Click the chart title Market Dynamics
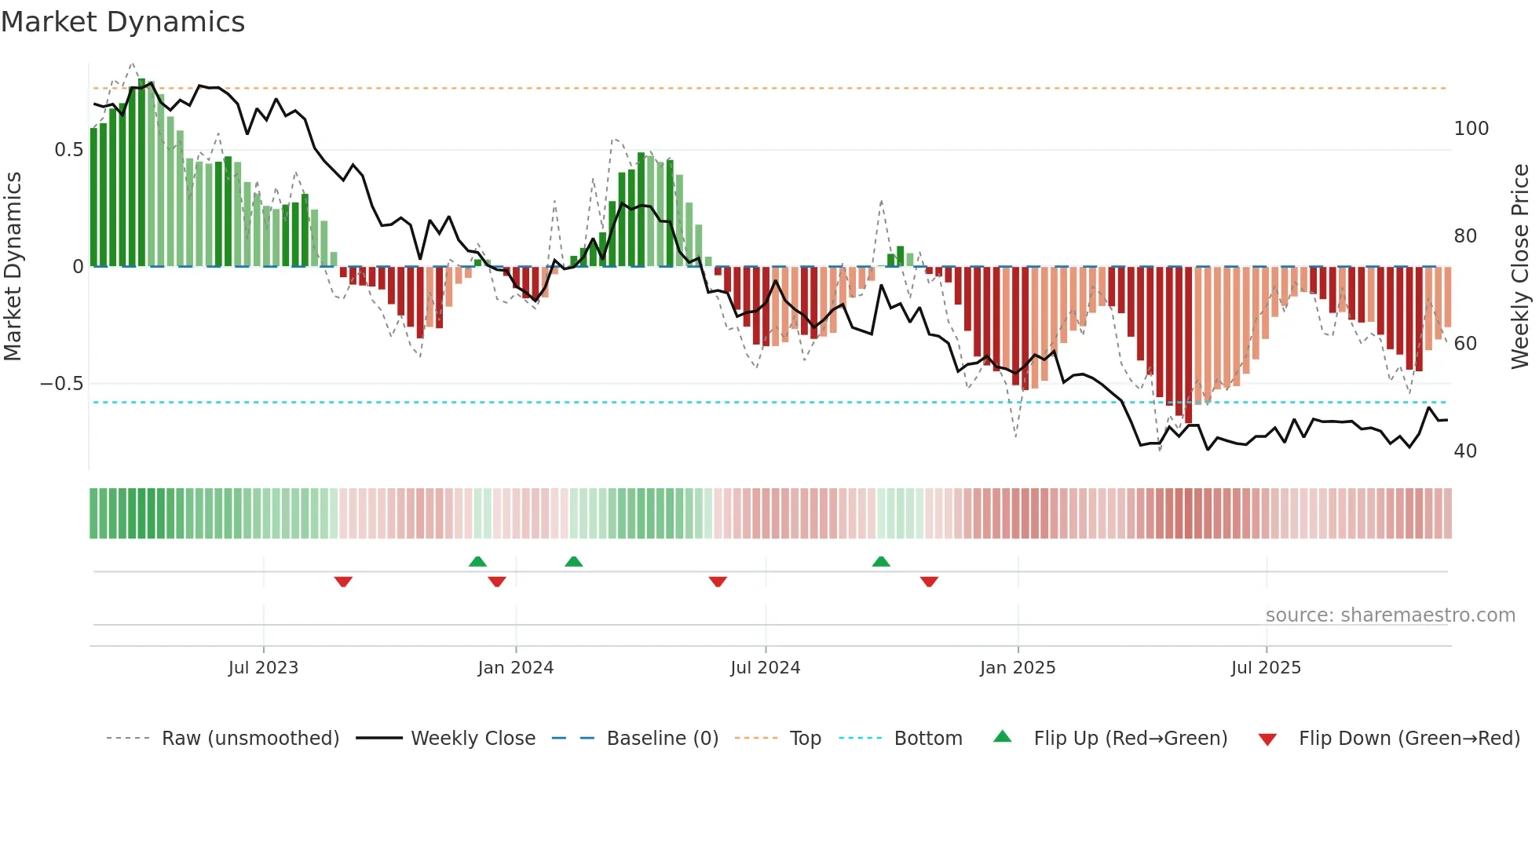click(x=122, y=22)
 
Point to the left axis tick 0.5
click(x=68, y=150)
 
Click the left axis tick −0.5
click(x=62, y=384)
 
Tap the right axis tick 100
click(x=1471, y=129)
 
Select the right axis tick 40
click(x=1465, y=451)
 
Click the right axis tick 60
click(x=1465, y=344)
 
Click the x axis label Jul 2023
click(x=263, y=668)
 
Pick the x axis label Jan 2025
click(x=1018, y=668)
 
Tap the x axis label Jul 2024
click(x=765, y=668)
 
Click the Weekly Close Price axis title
click(x=1520, y=267)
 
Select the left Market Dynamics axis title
click(x=13, y=267)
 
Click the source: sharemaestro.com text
click(x=1390, y=615)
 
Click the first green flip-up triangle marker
click(x=477, y=561)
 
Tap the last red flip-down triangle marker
click(x=929, y=582)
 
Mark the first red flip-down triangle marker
click(x=343, y=582)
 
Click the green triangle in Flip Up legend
click(x=1003, y=736)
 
